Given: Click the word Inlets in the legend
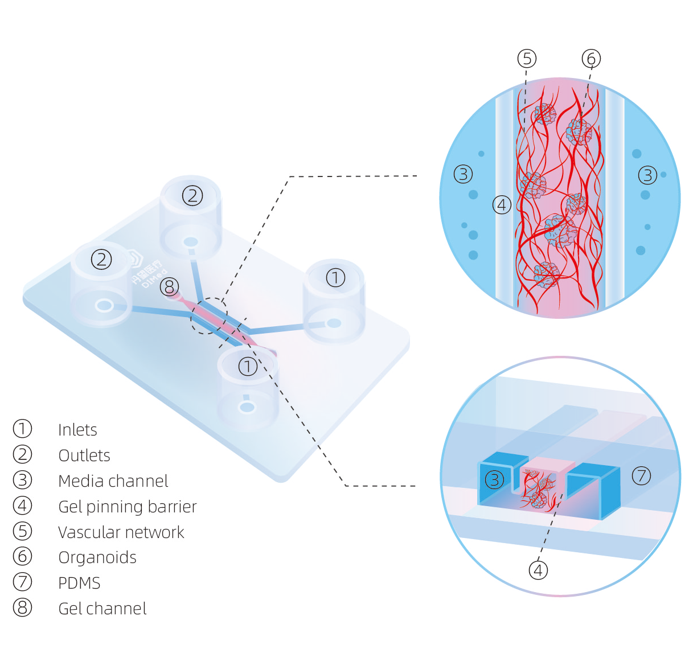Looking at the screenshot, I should click(x=77, y=430).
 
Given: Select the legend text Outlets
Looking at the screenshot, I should click(x=84, y=455).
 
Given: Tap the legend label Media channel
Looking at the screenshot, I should click(x=113, y=481).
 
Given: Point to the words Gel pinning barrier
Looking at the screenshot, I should click(x=127, y=507).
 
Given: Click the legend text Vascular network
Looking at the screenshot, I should click(x=121, y=532).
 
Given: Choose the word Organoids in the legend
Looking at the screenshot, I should click(x=97, y=557).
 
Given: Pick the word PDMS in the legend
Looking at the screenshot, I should click(x=79, y=583).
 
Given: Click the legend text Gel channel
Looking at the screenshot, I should click(x=102, y=609).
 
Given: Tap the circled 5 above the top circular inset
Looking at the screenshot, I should click(x=527, y=59).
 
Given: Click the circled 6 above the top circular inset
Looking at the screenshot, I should click(x=591, y=59).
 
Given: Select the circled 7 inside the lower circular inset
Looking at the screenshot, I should click(x=641, y=475).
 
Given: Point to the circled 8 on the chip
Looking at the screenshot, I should click(x=169, y=286).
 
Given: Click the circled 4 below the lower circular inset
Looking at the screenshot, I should click(x=538, y=570).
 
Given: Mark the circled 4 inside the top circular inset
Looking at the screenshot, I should click(x=502, y=204).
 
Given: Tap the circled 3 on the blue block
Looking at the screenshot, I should click(x=494, y=480).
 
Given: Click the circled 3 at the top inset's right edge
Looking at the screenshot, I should click(x=647, y=175).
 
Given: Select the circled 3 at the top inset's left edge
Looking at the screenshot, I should click(x=463, y=174).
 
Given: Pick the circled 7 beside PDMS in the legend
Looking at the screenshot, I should click(x=22, y=582).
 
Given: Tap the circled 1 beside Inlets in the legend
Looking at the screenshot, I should click(x=22, y=429).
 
